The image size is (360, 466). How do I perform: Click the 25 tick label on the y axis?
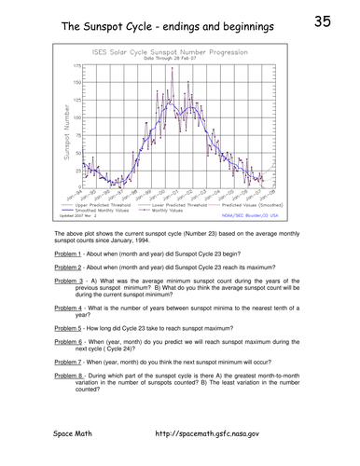[77, 169]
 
